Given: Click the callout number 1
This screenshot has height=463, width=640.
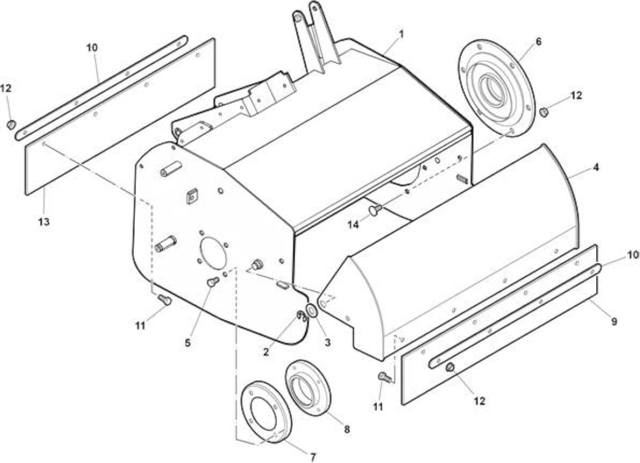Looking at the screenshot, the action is click(x=401, y=35).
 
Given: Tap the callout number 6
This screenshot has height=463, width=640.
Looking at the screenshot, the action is click(x=538, y=42).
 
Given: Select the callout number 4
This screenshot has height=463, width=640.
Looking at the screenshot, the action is click(x=596, y=167).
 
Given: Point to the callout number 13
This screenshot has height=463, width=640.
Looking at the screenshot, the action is click(x=44, y=222).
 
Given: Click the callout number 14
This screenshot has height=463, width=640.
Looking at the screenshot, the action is click(x=353, y=225).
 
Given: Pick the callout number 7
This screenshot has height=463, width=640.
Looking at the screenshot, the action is click(x=313, y=457).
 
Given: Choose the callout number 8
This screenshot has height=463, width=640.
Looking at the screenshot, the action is click(x=347, y=429).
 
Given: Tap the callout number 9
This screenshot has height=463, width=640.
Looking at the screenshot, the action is click(x=614, y=321).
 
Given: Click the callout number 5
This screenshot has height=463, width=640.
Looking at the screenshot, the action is click(x=187, y=342).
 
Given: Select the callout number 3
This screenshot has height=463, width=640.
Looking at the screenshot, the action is click(x=327, y=342).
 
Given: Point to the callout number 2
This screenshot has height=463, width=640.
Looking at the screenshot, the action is click(x=266, y=352).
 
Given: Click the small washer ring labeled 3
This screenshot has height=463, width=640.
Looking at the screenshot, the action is click(x=311, y=310).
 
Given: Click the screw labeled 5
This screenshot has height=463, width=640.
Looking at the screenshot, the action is click(x=212, y=281).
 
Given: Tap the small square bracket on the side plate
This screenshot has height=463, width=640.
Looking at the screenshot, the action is click(x=192, y=196).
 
